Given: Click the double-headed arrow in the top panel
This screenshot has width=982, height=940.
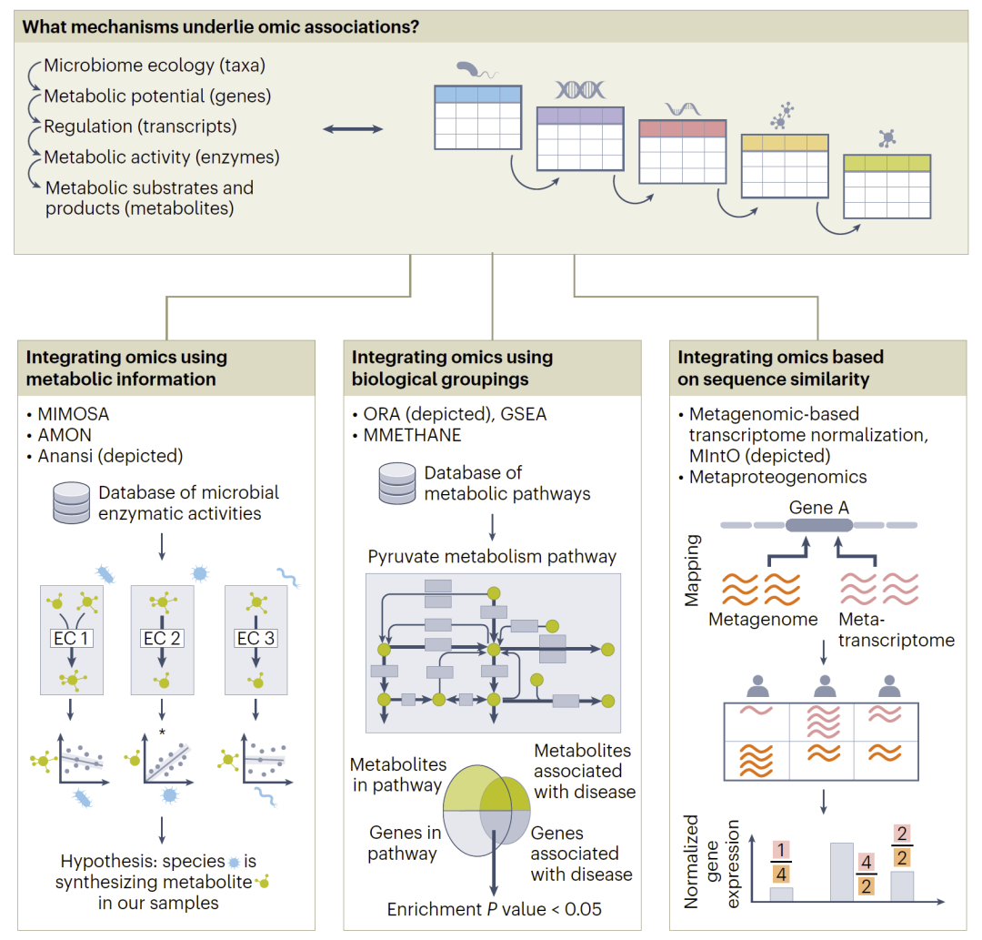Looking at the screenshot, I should pyautogui.click(x=353, y=130).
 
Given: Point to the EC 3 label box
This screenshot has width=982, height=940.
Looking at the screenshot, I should pyautogui.click(x=256, y=638).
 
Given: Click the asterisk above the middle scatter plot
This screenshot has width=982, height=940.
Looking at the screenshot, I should pyautogui.click(x=162, y=733).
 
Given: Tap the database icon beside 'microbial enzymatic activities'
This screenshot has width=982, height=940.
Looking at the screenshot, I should pyautogui.click(x=71, y=503).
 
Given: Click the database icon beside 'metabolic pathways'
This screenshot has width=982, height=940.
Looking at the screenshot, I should pyautogui.click(x=397, y=483).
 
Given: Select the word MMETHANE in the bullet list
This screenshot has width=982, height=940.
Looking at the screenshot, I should pyautogui.click(x=413, y=435).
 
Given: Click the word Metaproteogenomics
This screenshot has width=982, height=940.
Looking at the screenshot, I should pyautogui.click(x=778, y=477).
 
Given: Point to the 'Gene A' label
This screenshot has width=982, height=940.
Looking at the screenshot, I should pyautogui.click(x=819, y=507).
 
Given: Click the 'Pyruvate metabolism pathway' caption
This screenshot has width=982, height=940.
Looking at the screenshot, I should pyautogui.click(x=492, y=556).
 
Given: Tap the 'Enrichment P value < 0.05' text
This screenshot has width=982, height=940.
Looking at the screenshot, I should pyautogui.click(x=495, y=909).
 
